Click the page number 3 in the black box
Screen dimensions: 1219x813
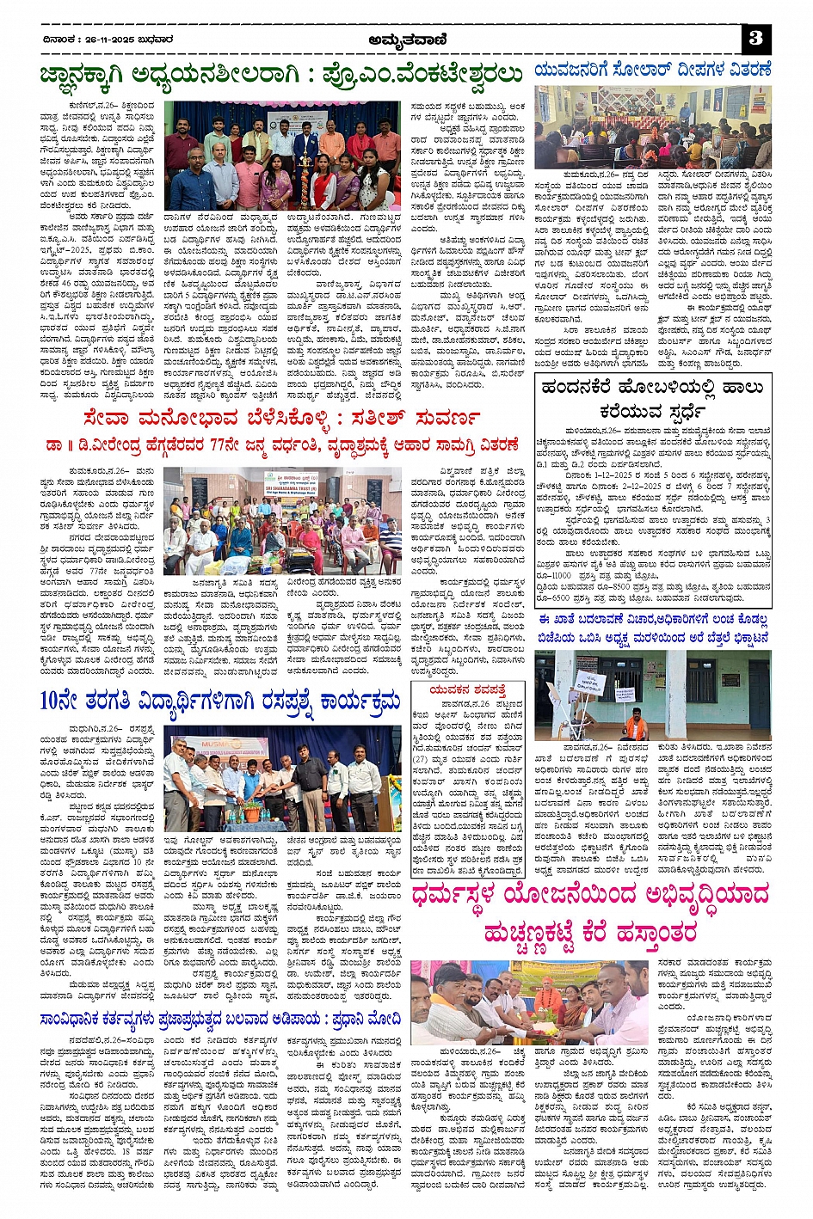pyautogui.click(x=755, y=39)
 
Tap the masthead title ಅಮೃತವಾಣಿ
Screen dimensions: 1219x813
pyautogui.click(x=405, y=39)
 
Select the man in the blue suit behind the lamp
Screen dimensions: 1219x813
pyautogui.click(x=305, y=138)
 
